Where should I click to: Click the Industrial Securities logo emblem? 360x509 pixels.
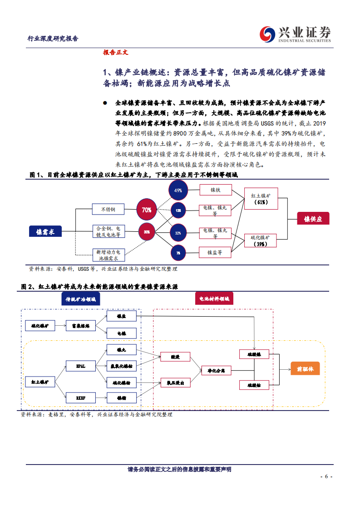click(267, 34)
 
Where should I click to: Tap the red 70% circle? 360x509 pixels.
click(146, 210)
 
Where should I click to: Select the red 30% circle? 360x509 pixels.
click(147, 232)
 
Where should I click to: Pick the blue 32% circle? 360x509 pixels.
click(178, 233)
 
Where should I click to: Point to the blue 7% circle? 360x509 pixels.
click(178, 253)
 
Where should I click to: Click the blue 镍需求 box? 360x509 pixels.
click(45, 232)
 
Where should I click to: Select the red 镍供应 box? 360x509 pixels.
click(313, 219)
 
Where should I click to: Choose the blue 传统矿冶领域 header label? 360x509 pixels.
click(80, 299)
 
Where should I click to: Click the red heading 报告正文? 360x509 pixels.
click(116, 52)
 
